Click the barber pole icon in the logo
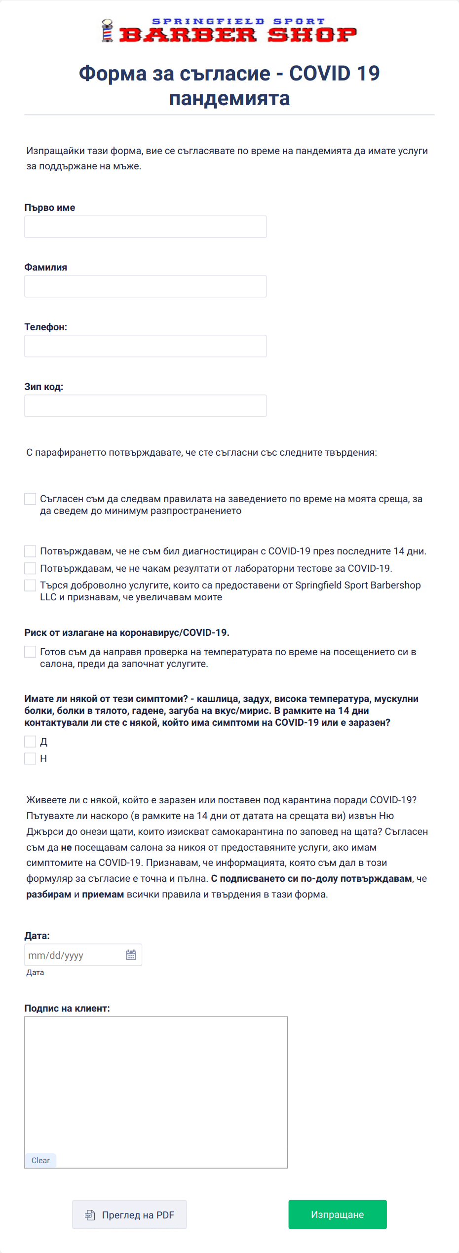(x=107, y=31)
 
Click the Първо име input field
(x=146, y=227)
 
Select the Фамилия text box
(x=146, y=286)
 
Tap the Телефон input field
(x=146, y=346)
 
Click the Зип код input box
(x=146, y=406)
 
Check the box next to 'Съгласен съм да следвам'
(x=30, y=499)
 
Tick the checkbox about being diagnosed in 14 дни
(x=30, y=551)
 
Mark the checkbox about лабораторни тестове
(x=30, y=568)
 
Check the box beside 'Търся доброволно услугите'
(x=30, y=586)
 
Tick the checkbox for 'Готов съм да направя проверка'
(x=30, y=652)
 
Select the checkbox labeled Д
(x=30, y=742)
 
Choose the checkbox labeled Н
(x=30, y=758)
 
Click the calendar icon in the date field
(x=131, y=955)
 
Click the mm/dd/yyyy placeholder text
(x=56, y=955)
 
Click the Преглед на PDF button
(x=129, y=1214)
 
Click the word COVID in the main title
(x=319, y=74)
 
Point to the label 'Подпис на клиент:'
(x=67, y=1008)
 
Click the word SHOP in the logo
(x=312, y=35)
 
